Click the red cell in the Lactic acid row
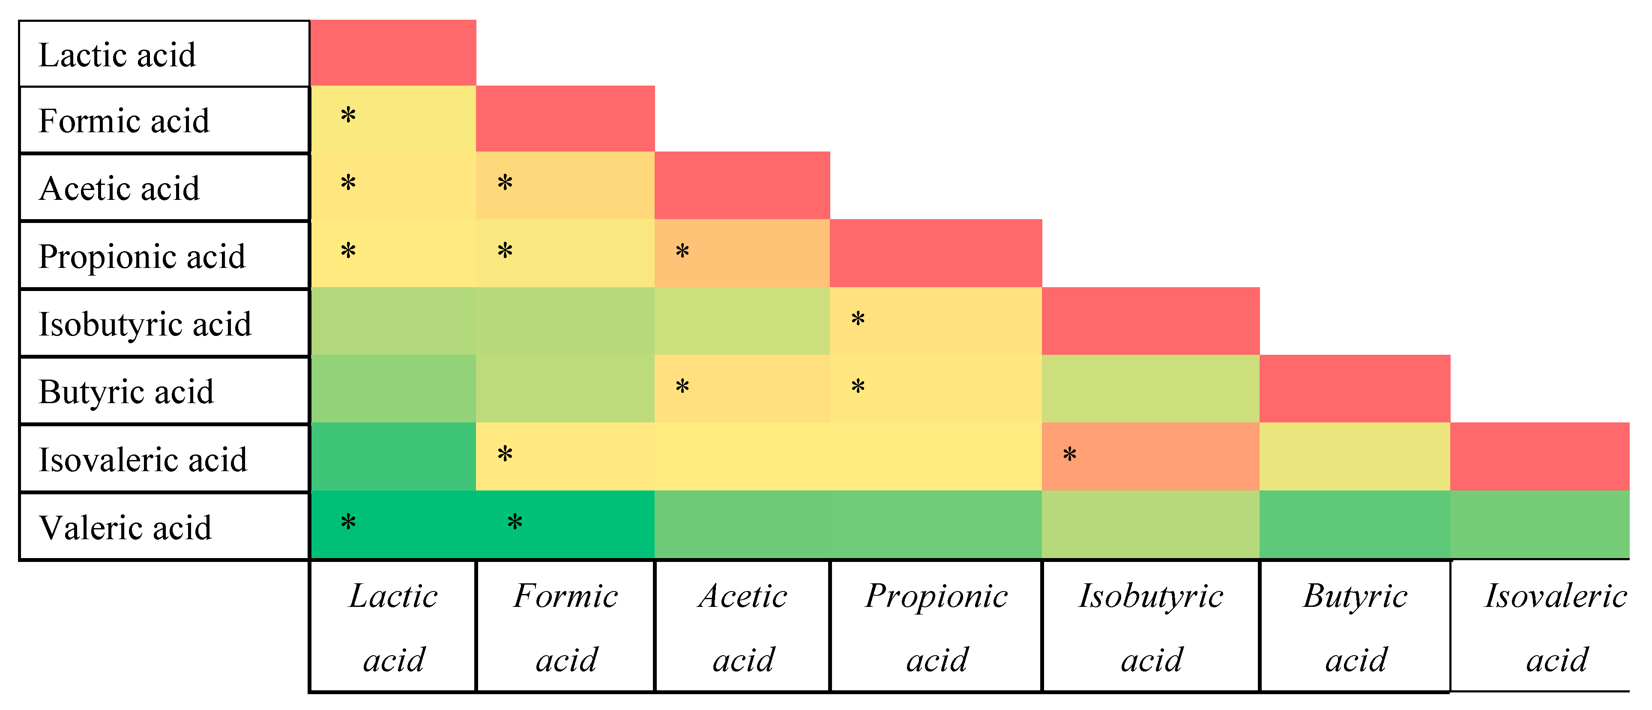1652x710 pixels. [x=393, y=53]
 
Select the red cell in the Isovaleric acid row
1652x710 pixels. [x=1539, y=456]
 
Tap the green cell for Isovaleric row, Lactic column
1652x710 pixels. [x=393, y=456]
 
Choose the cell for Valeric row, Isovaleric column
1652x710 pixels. [x=1539, y=524]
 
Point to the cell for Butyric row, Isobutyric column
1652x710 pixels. [x=1150, y=388]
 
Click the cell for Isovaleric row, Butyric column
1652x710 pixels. [x=1354, y=456]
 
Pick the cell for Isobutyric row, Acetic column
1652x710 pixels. [x=742, y=321]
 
